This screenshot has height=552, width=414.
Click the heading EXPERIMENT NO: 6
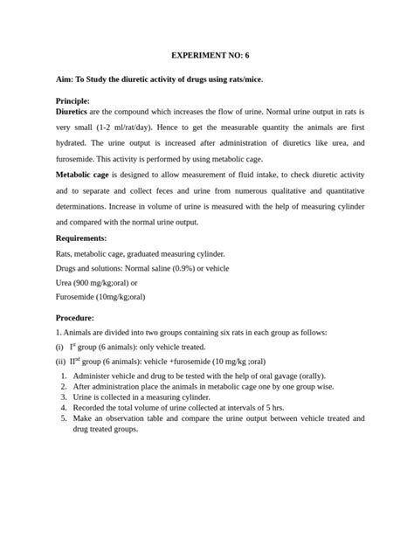(206, 55)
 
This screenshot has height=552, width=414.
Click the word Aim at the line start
(64, 79)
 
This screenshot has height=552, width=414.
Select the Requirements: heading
(80, 238)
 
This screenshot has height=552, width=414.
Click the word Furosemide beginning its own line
(76, 297)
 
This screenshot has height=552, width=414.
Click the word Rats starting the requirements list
(64, 252)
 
